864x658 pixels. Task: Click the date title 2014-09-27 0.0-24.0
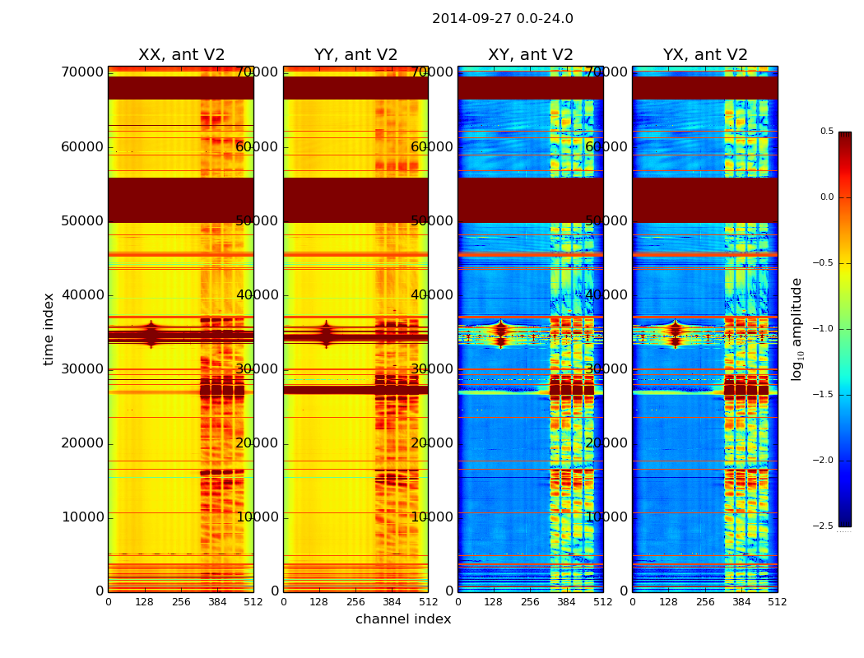(x=502, y=19)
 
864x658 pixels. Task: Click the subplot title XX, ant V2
(x=181, y=55)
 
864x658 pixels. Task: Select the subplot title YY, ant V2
(x=355, y=55)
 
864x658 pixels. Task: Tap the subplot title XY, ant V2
(x=531, y=55)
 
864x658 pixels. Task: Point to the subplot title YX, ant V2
(x=705, y=55)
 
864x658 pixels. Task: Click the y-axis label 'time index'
(x=49, y=329)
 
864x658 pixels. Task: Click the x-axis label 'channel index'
(x=403, y=619)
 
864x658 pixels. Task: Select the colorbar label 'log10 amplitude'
(x=797, y=329)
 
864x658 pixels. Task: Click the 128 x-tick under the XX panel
(x=144, y=602)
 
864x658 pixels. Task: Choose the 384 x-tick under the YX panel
(x=741, y=602)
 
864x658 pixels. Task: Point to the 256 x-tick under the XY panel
(x=531, y=602)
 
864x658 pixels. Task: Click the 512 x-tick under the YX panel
(x=778, y=602)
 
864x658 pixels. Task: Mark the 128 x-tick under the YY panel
(x=319, y=602)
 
